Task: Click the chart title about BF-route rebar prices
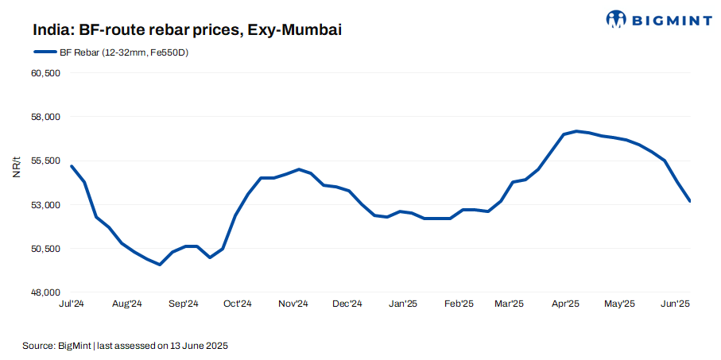coord(187,30)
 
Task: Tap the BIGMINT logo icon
coord(617,18)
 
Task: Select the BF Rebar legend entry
coord(111,52)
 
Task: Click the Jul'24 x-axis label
coord(72,304)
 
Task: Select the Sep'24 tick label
coord(183,304)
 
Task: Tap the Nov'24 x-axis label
coord(293,304)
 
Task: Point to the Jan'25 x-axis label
coord(403,304)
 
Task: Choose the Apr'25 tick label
coord(564,304)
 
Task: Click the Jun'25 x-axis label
coord(675,304)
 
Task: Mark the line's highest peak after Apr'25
coord(576,131)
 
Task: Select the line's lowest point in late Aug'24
coord(160,265)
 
